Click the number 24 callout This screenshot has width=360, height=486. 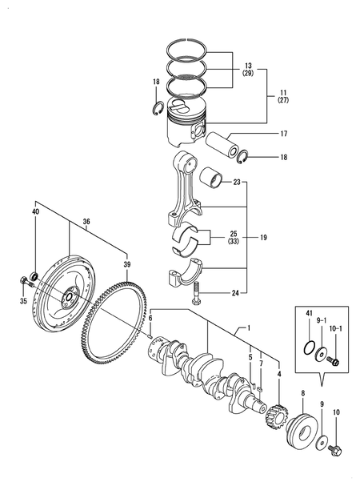235,294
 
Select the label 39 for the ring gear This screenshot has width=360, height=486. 126,263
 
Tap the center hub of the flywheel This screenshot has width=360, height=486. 67,297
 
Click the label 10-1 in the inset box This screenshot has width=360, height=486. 336,329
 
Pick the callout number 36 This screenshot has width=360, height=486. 86,223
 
